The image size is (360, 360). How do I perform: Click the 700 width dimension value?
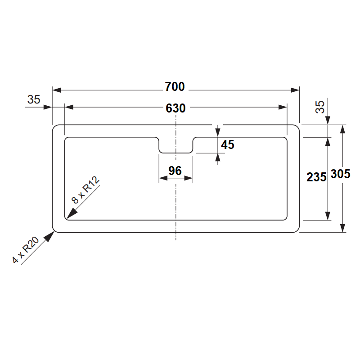175,87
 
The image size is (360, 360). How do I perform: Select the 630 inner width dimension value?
175,108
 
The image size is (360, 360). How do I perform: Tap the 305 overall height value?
341,174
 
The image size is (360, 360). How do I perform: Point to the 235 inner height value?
316,177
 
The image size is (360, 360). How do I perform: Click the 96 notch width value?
175,171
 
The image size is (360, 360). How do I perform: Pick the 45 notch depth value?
228,144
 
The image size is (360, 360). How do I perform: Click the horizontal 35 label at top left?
34,99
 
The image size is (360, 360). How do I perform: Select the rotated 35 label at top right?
320,107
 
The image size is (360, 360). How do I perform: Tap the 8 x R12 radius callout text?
85,190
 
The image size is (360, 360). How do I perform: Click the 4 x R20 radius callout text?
25,250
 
